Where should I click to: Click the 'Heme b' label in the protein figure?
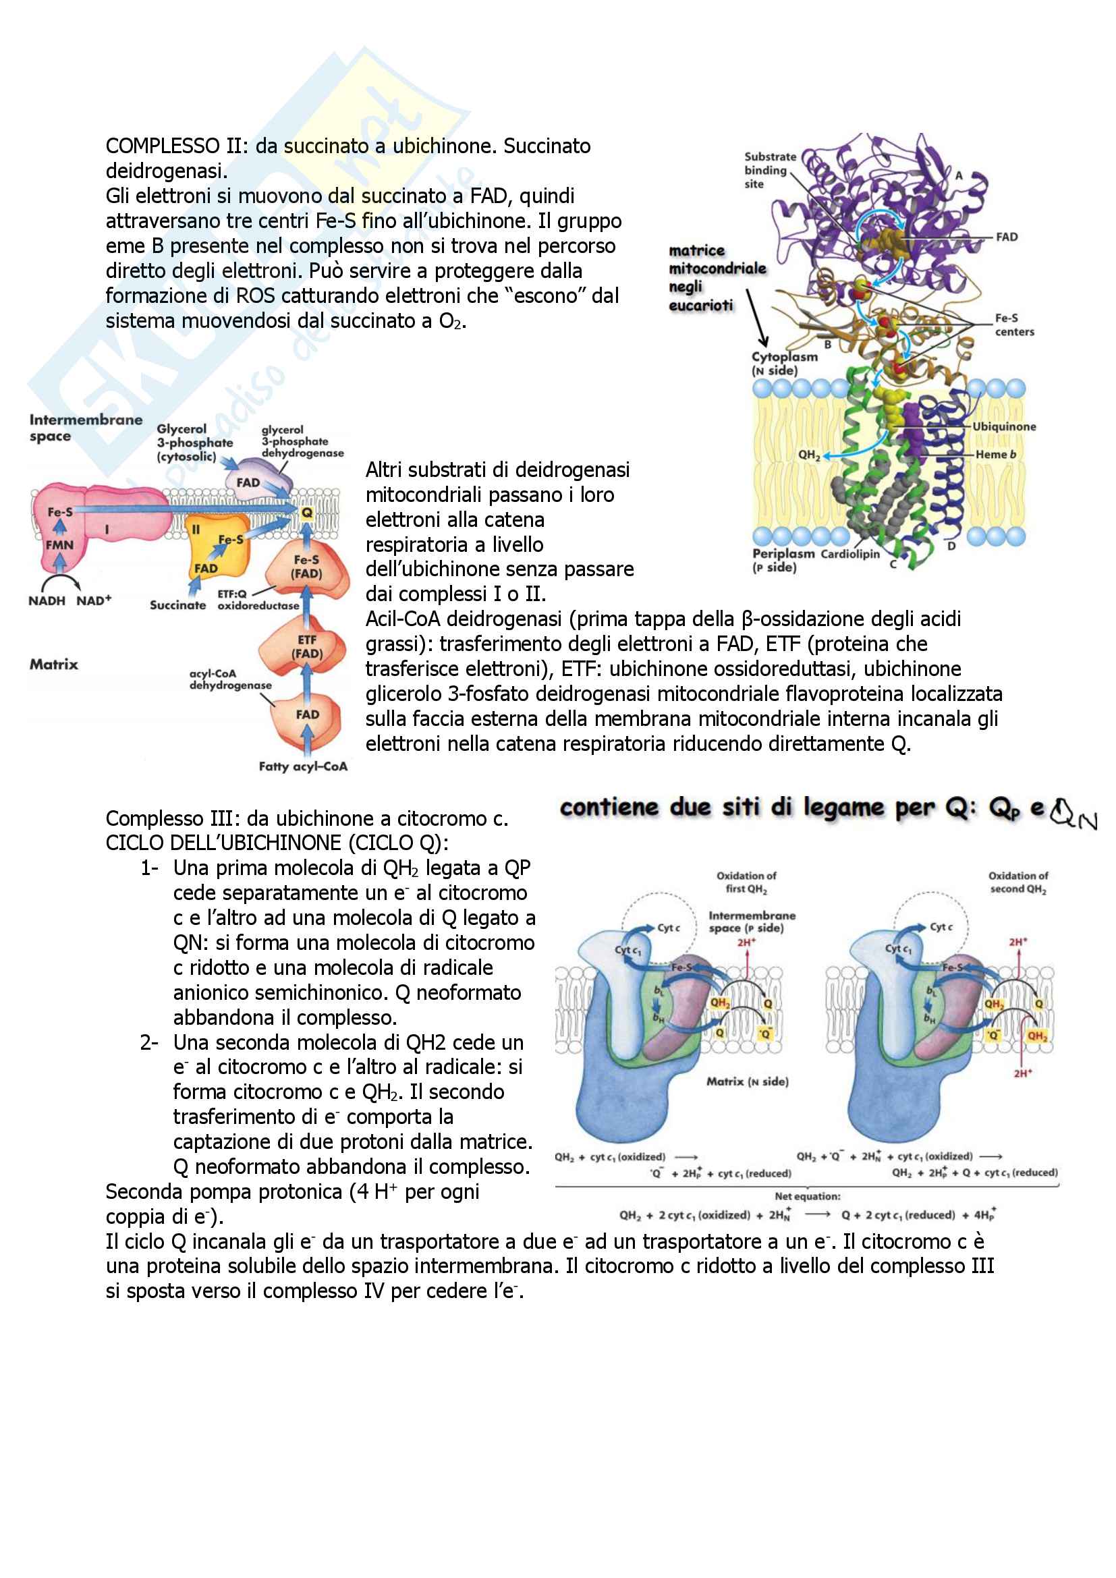click(995, 454)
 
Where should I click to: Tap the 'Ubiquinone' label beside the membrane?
click(1003, 427)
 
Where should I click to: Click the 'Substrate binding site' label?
click(770, 170)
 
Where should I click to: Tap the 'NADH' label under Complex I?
click(47, 600)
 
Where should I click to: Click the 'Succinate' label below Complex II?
click(177, 605)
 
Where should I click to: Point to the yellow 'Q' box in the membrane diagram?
click(306, 512)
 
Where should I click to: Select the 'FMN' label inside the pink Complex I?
click(59, 545)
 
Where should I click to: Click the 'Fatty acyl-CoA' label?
click(303, 766)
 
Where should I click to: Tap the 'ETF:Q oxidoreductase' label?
click(258, 600)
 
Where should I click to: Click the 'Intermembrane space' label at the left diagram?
click(85, 428)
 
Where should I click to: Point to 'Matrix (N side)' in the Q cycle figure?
click(747, 1081)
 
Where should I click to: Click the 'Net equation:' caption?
click(808, 1196)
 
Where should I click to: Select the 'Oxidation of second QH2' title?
click(1017, 882)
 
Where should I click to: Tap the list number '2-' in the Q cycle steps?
click(149, 1042)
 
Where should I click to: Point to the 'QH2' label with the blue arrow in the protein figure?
click(809, 454)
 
